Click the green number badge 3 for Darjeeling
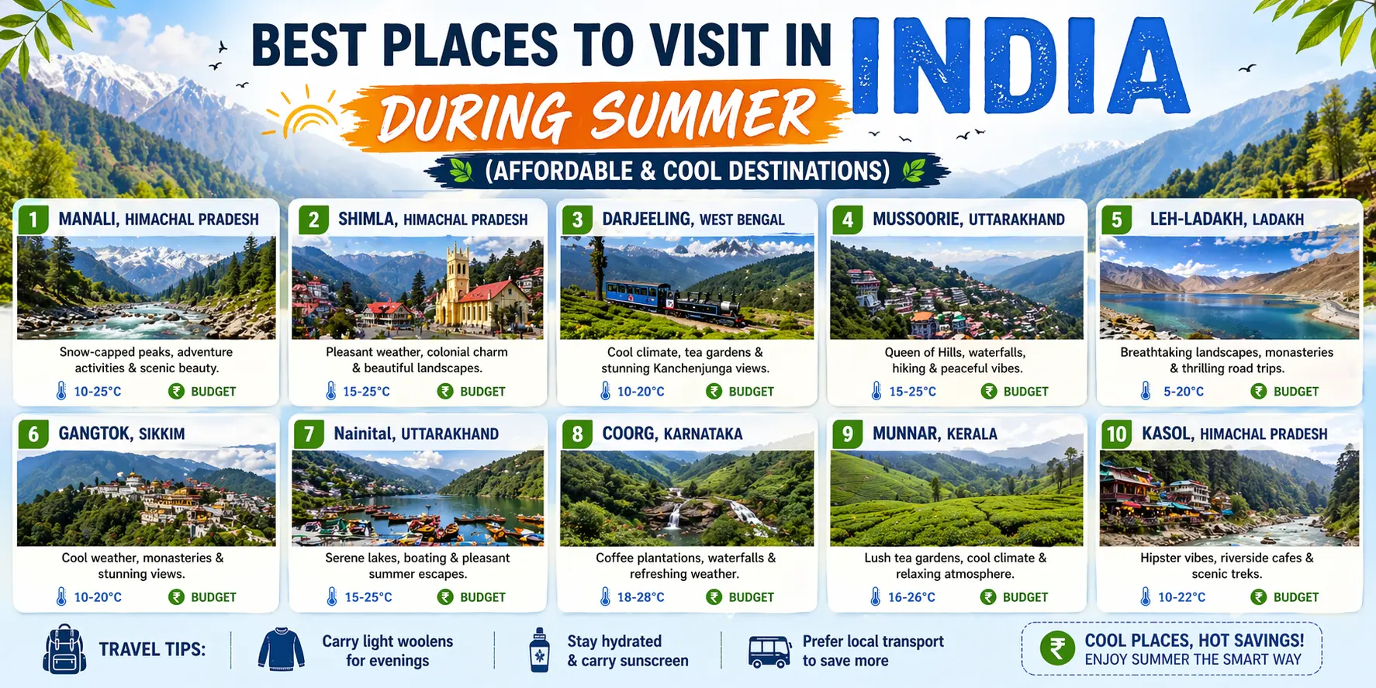(577, 220)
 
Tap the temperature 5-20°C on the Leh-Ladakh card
(1184, 392)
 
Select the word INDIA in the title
(1020, 67)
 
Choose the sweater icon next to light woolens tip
(282, 649)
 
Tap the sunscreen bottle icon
(539, 650)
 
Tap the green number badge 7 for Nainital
(309, 434)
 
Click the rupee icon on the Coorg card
(714, 597)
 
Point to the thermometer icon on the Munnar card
(875, 596)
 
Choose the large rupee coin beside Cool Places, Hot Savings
(1057, 648)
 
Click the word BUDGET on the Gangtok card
(213, 597)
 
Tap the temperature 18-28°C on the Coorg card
(641, 597)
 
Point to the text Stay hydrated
(614, 641)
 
